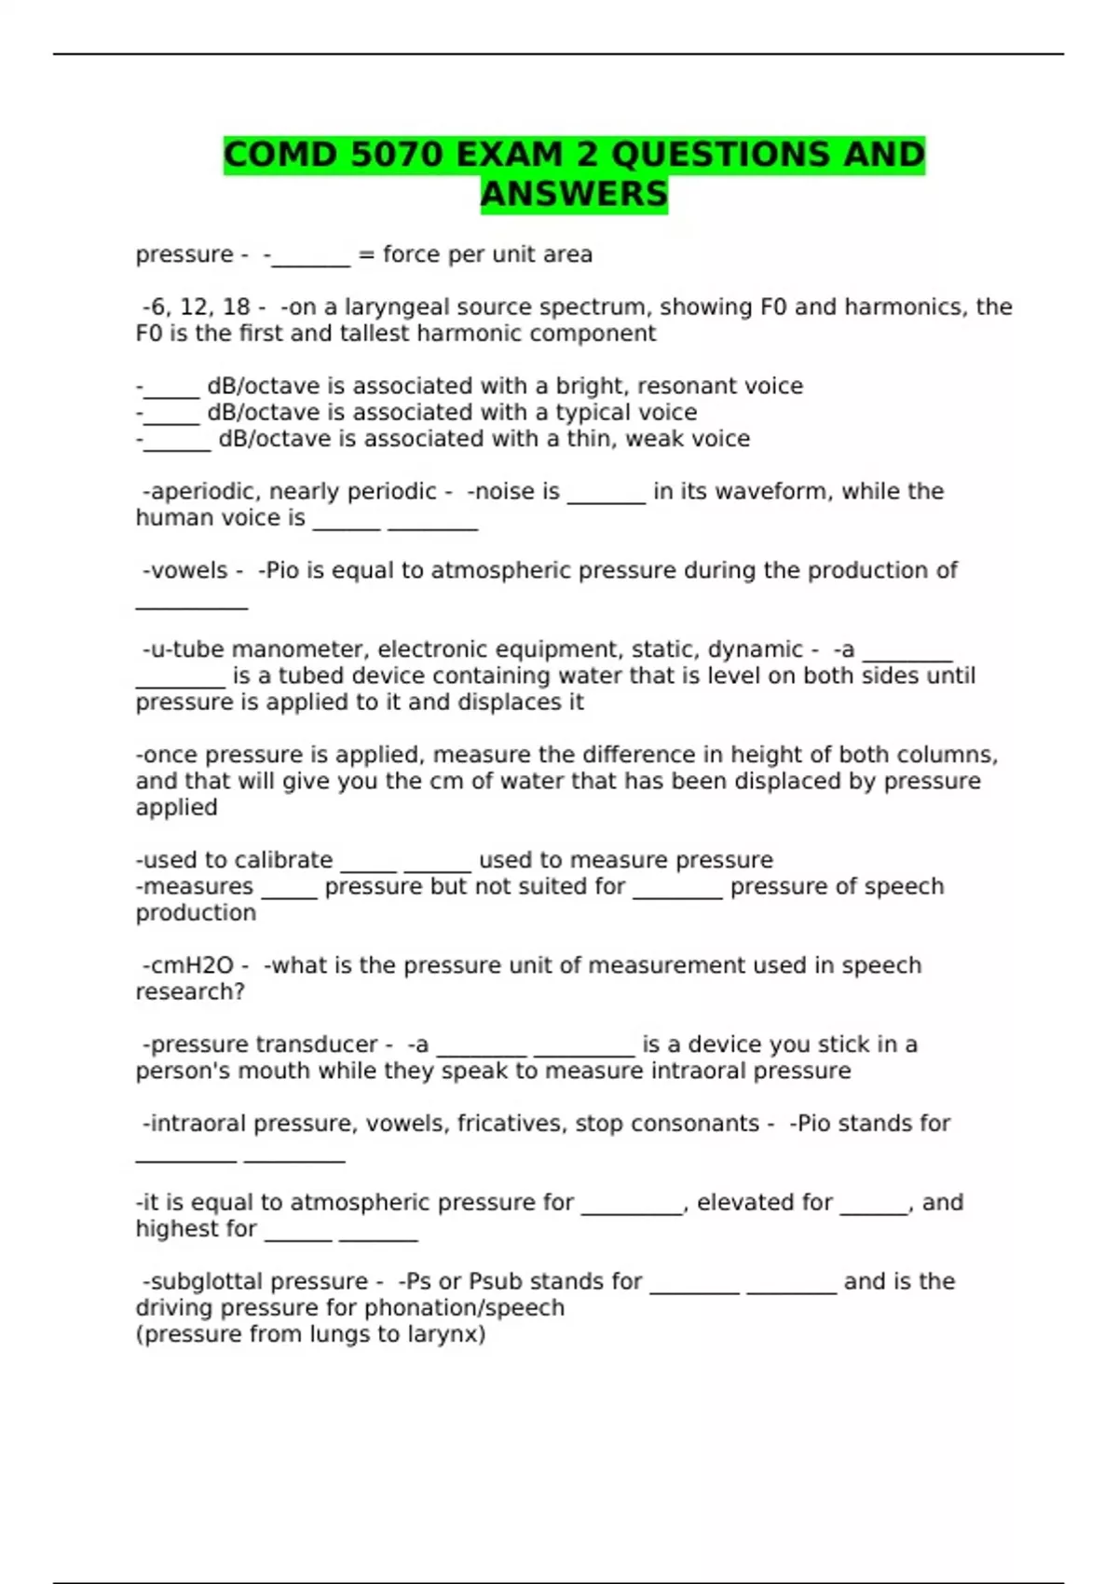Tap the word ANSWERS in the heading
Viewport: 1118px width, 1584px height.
[x=574, y=194]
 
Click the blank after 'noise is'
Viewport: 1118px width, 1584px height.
[x=606, y=492]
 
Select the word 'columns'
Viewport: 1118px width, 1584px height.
[x=947, y=755]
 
